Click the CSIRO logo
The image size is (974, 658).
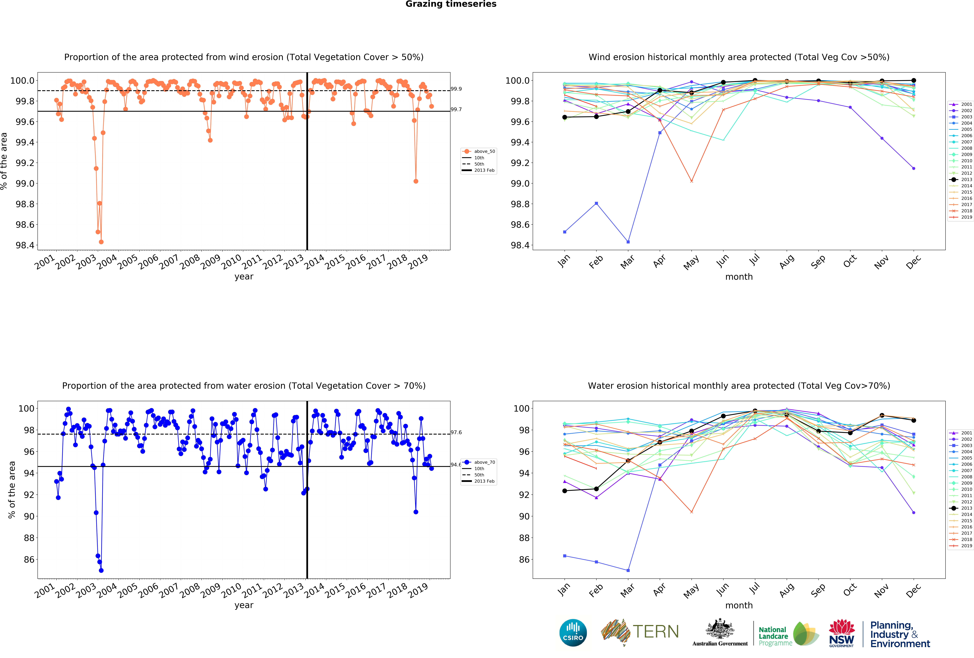tap(573, 632)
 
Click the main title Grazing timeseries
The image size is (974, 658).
tap(451, 4)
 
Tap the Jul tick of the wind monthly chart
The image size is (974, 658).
tap(754, 260)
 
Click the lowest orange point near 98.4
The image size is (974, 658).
tap(101, 242)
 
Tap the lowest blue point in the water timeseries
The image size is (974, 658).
tap(101, 570)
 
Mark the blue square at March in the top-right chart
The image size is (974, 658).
tap(628, 242)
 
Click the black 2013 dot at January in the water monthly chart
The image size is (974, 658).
tap(565, 491)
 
